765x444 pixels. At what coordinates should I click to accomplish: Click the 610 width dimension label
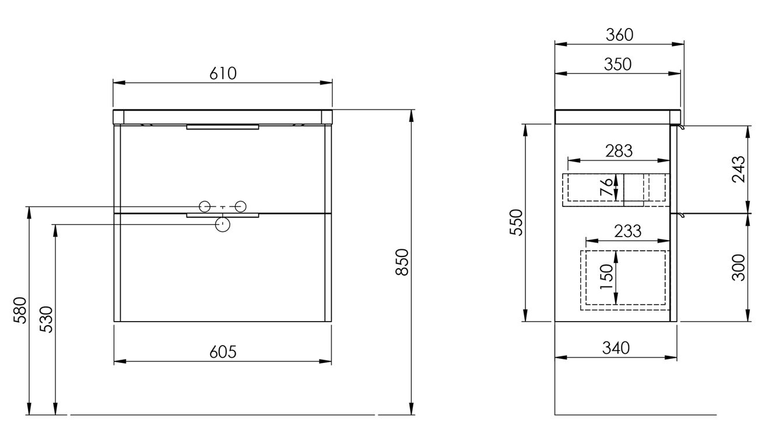click(x=223, y=73)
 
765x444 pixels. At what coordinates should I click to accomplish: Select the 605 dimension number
click(x=223, y=352)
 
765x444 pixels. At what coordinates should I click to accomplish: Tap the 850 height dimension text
click(x=402, y=262)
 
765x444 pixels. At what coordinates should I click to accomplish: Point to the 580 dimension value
click(x=20, y=310)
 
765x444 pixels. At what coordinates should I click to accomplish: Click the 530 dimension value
click(x=47, y=319)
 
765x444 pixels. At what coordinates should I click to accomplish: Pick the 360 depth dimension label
click(x=619, y=35)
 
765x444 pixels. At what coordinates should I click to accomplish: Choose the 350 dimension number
click(x=617, y=64)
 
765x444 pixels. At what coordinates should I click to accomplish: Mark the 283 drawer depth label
click(x=619, y=151)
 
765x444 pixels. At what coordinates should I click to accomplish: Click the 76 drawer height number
click(x=606, y=186)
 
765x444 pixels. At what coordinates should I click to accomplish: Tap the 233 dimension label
click(x=628, y=231)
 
